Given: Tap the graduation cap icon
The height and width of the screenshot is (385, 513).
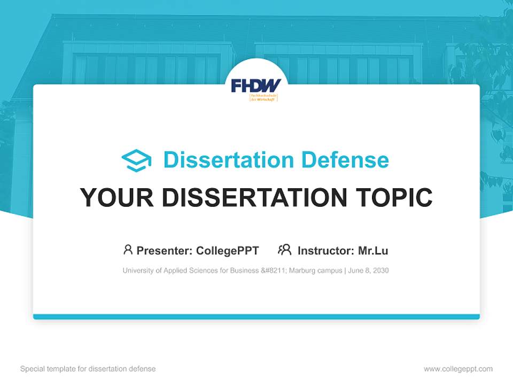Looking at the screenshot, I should click(x=136, y=160).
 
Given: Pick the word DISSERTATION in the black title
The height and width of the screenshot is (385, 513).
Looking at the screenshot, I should click(x=254, y=197).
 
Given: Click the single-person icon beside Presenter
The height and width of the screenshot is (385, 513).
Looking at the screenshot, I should click(x=128, y=250).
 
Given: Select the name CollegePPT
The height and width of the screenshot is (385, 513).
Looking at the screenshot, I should click(x=228, y=250).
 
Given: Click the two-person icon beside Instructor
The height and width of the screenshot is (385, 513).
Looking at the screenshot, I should click(x=285, y=250).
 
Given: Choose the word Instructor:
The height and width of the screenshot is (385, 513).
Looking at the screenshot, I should click(x=325, y=250).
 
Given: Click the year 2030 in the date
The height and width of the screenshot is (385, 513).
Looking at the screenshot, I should click(x=380, y=271).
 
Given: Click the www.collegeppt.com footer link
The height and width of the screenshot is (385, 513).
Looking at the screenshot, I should click(x=458, y=369).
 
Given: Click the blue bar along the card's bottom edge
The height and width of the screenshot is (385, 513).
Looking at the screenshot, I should click(x=256, y=317).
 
